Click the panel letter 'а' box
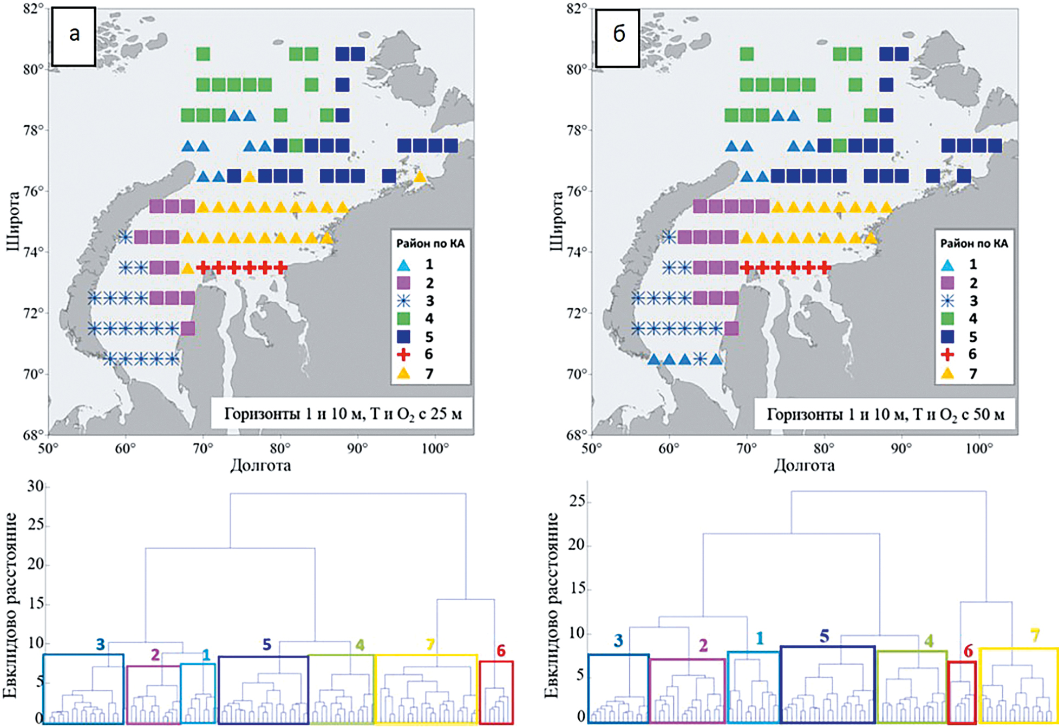pyautogui.click(x=74, y=36)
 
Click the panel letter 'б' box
pyautogui.click(x=618, y=36)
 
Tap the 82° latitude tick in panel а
pyautogui.click(x=32, y=9)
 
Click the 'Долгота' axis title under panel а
pyautogui.click(x=260, y=465)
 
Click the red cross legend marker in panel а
pyautogui.click(x=403, y=355)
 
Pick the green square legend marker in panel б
pyautogui.click(x=947, y=319)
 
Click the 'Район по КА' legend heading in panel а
pyautogui.click(x=430, y=244)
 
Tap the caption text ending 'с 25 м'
pyautogui.click(x=343, y=415)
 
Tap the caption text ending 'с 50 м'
pyautogui.click(x=886, y=415)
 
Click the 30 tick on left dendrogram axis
pyautogui.click(x=35, y=486)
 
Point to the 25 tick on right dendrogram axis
pyautogui.click(x=577, y=501)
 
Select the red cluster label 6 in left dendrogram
pyautogui.click(x=501, y=651)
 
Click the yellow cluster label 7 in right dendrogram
pyautogui.click(x=1035, y=635)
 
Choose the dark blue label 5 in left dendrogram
pyautogui.click(x=266, y=645)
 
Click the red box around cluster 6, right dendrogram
pyautogui.click(x=962, y=692)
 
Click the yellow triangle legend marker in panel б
pyautogui.click(x=947, y=373)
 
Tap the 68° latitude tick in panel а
pyautogui.click(x=32, y=435)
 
